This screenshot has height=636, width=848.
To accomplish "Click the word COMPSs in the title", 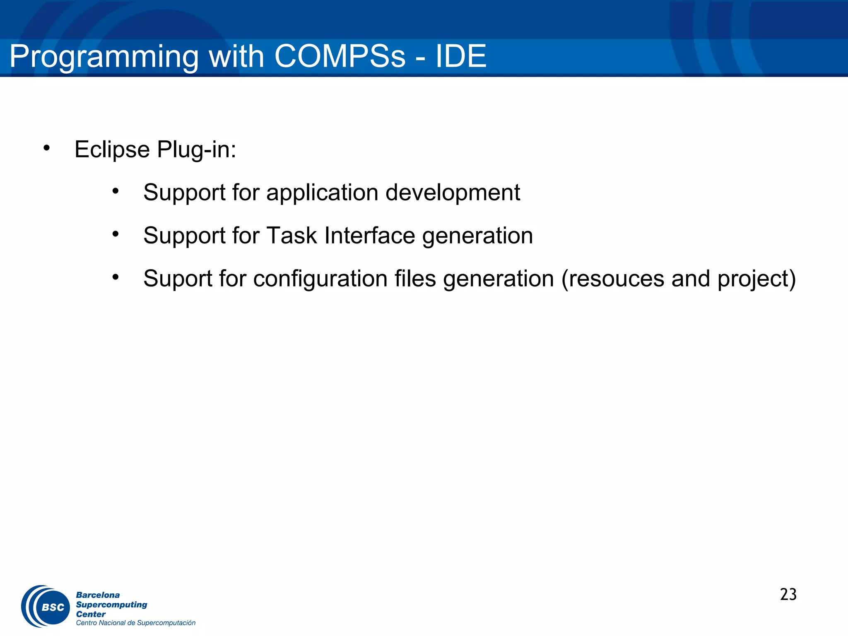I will click(340, 56).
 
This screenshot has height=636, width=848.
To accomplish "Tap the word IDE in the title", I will click(460, 56).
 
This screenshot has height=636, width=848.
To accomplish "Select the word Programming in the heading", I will click(104, 57).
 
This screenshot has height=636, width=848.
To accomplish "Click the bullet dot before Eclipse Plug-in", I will click(46, 148).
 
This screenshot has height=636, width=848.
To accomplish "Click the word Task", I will click(291, 236).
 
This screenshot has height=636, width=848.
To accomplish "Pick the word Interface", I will click(369, 236).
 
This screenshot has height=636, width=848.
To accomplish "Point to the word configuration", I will click(320, 279).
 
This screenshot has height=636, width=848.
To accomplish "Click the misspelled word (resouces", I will click(612, 279).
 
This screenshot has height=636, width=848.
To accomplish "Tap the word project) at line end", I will click(756, 279).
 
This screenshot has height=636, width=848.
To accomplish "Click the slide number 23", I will click(788, 595).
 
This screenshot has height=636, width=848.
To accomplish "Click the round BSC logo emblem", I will click(46, 606).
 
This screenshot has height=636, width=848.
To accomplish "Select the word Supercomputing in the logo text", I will click(111, 605).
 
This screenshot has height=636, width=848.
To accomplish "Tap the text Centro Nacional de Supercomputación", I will click(135, 623).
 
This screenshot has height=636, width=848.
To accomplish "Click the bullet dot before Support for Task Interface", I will click(116, 234).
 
